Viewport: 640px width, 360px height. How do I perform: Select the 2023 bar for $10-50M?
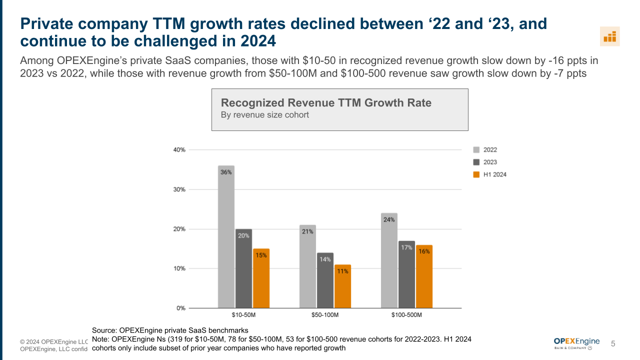243,268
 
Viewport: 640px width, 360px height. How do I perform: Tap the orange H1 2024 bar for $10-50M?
261,278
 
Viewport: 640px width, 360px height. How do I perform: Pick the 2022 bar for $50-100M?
307,266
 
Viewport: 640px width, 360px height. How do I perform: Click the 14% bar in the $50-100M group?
325,280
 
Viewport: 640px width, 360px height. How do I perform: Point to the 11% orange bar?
342,286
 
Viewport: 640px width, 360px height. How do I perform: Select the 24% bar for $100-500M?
389,260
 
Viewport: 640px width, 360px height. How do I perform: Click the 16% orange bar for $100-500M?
424,276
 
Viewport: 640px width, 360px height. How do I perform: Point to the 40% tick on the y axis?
179,149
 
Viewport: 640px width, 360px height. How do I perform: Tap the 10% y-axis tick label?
179,268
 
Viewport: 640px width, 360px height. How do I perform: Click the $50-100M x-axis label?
325,315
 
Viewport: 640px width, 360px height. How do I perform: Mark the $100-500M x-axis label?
406,315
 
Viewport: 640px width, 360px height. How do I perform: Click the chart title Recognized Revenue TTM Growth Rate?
326,103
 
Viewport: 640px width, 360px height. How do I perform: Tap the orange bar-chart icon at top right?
609,36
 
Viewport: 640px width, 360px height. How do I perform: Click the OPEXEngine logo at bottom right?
576,343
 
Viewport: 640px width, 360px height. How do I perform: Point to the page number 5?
613,343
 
